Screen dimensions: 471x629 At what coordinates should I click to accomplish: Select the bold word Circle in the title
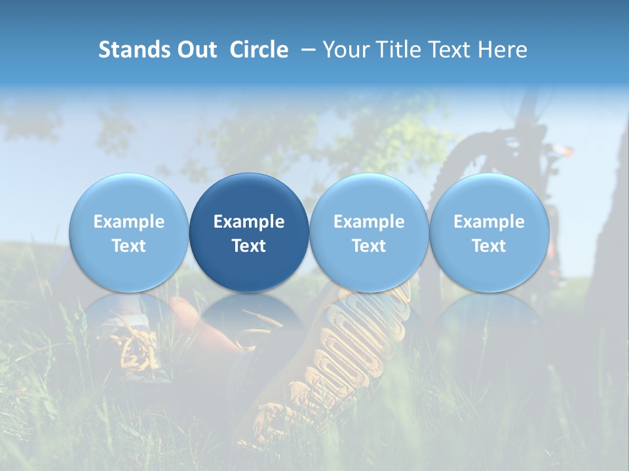click(259, 50)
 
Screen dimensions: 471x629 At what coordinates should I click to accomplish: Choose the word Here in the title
click(503, 50)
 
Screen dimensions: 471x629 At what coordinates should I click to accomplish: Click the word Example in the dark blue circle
click(249, 222)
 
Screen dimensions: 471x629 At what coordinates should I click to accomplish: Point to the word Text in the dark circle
click(249, 246)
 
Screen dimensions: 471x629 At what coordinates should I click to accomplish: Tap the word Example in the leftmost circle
click(128, 222)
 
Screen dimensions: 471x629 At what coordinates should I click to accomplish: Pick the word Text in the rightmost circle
click(489, 246)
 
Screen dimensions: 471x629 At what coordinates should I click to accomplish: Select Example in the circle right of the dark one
click(369, 222)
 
